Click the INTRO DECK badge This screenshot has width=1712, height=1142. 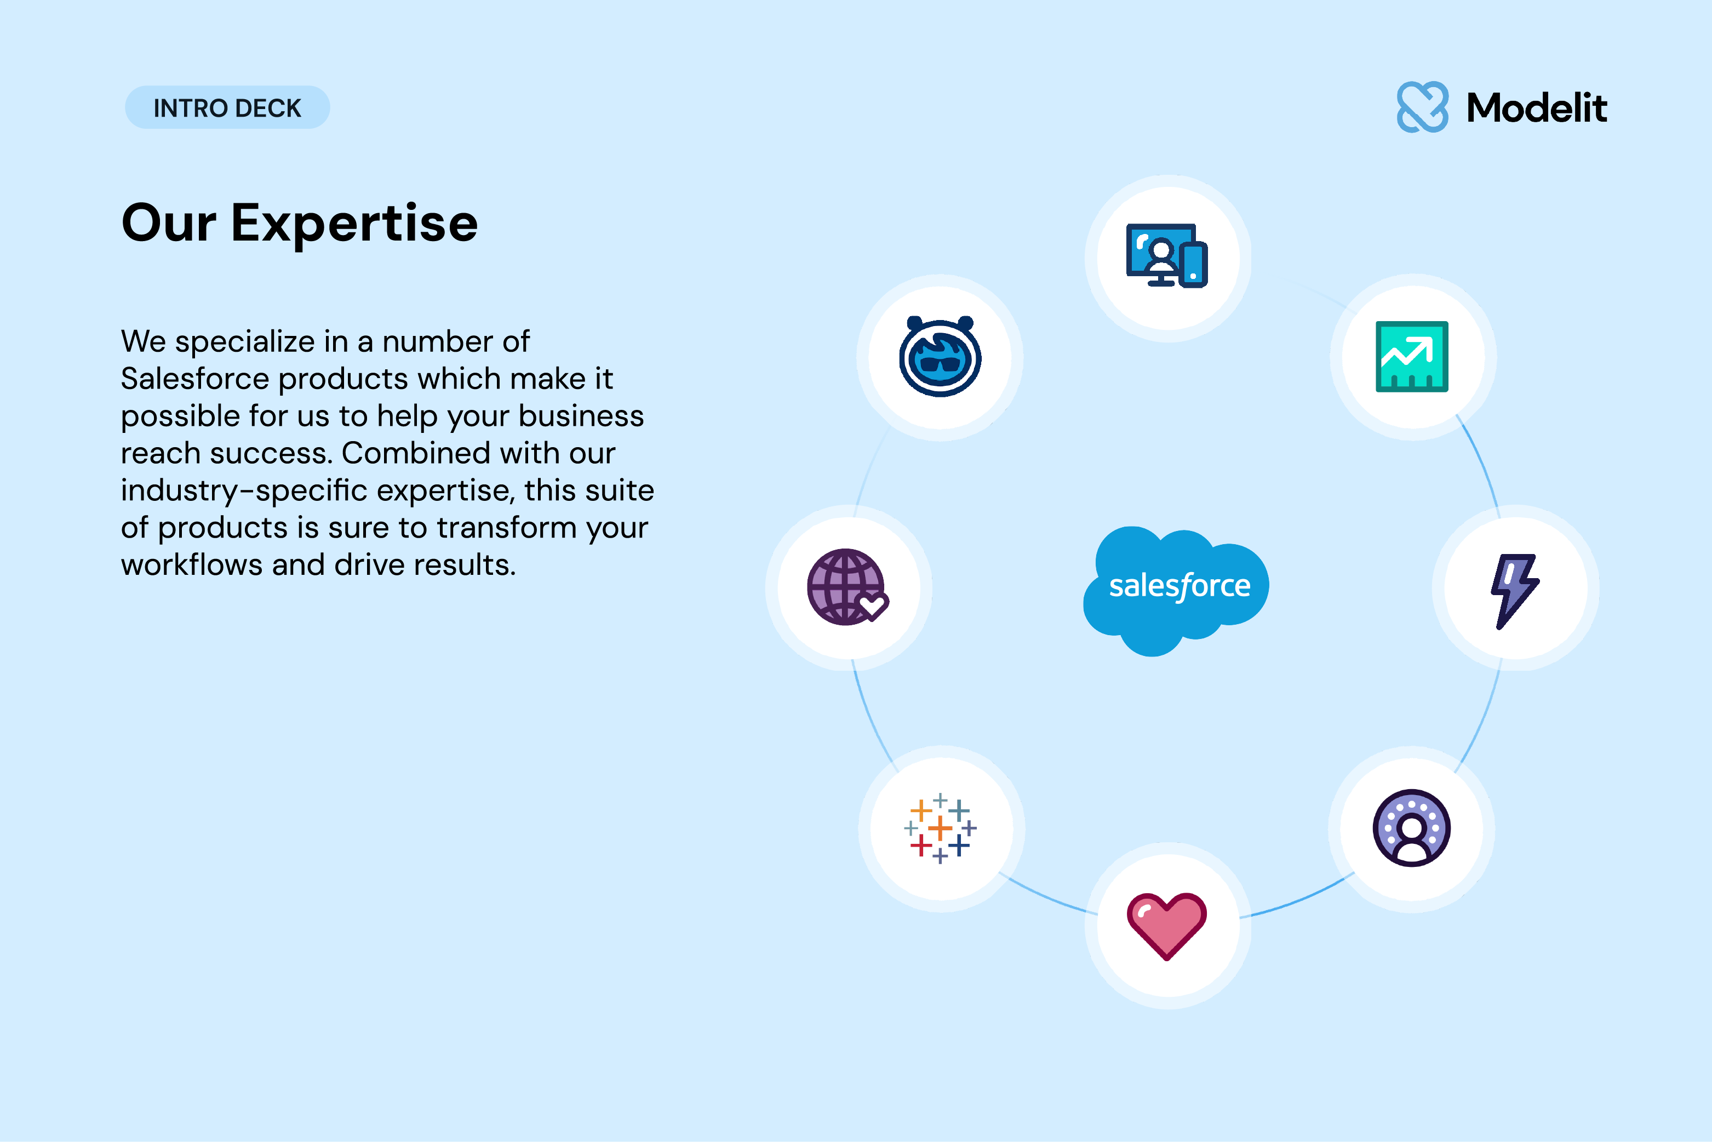click(x=227, y=108)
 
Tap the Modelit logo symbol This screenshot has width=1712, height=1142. click(x=1422, y=107)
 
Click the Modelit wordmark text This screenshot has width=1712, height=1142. click(x=1537, y=108)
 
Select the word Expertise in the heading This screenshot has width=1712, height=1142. click(x=354, y=224)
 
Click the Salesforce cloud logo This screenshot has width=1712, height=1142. click(x=1176, y=591)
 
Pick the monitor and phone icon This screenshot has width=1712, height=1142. click(x=1167, y=256)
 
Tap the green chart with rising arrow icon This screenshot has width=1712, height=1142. click(x=1412, y=357)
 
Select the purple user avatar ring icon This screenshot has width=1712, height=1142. click(x=1412, y=828)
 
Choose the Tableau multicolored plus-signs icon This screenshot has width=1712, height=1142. click(x=940, y=828)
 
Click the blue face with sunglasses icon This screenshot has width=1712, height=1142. click(x=940, y=356)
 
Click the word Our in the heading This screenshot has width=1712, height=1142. click(x=169, y=223)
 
